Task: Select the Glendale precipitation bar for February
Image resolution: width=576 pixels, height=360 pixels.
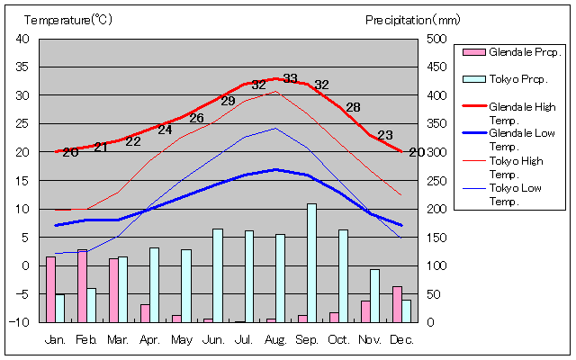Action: (x=82, y=285)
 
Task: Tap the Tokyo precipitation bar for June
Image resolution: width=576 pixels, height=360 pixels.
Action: (x=217, y=275)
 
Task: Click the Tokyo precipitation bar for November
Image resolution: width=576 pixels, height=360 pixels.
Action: (x=374, y=295)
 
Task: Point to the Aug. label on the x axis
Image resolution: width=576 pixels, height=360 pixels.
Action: (x=275, y=339)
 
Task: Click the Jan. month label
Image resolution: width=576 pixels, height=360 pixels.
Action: (x=55, y=339)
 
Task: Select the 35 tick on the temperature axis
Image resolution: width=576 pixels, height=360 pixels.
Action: (x=23, y=67)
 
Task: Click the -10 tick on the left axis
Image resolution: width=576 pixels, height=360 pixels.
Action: (x=22, y=322)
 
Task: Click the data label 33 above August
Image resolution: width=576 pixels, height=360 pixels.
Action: (x=290, y=78)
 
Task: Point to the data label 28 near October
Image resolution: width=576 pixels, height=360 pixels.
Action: (x=353, y=107)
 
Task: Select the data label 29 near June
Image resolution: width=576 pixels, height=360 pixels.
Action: (x=228, y=101)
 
